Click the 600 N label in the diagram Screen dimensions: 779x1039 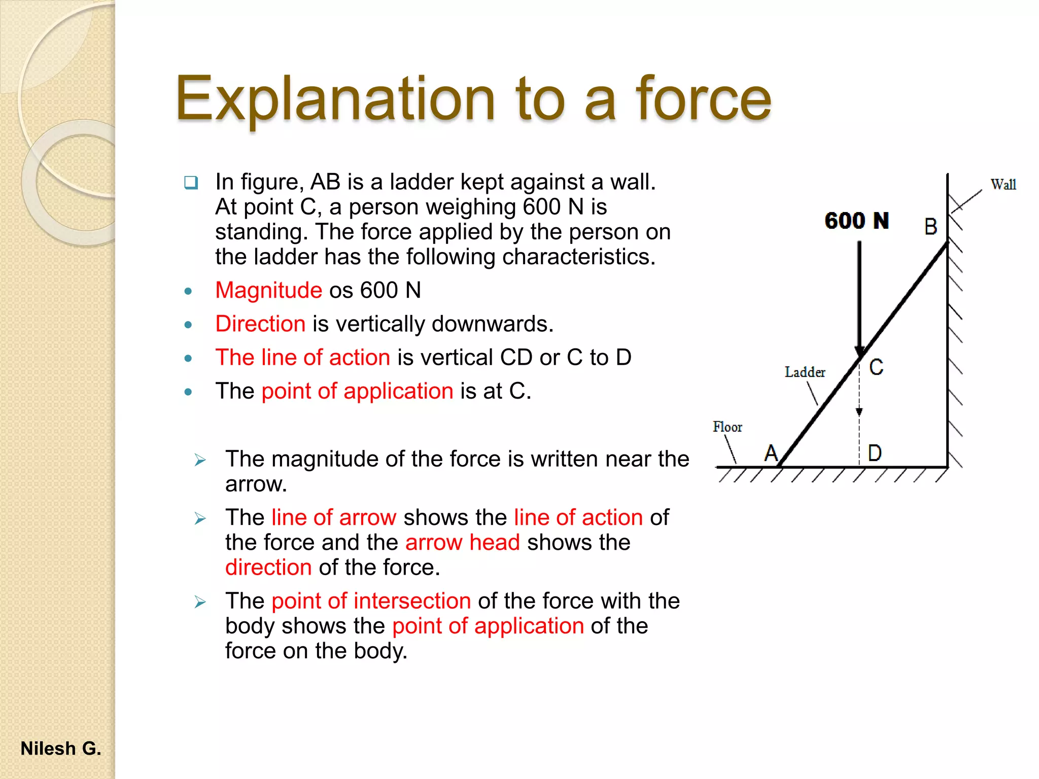(856, 221)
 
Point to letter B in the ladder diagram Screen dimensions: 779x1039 (930, 227)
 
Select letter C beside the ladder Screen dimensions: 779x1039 (876, 367)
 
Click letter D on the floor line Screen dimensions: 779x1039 (875, 453)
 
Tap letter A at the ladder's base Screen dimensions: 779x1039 (771, 453)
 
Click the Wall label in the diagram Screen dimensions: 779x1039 (1003, 185)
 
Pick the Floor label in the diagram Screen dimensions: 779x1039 (727, 427)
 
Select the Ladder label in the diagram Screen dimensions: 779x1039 (805, 372)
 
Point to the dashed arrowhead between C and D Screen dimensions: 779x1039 (859, 412)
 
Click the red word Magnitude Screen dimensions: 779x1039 (268, 291)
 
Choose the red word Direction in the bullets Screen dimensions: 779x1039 (260, 324)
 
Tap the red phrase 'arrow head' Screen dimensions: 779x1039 (462, 543)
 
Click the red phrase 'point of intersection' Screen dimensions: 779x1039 (371, 601)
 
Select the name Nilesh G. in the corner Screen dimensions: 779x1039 (61, 749)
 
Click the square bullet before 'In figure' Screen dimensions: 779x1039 (191, 182)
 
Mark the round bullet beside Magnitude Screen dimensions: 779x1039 (188, 291)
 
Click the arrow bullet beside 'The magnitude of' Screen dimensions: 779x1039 (200, 460)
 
